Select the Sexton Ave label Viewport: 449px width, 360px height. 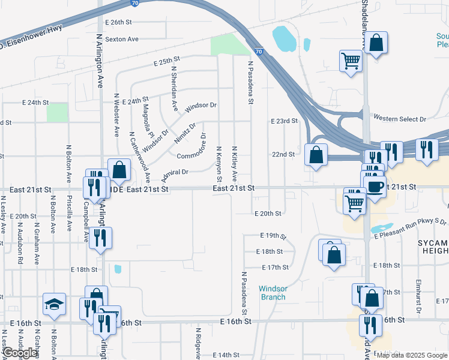coord(122,39)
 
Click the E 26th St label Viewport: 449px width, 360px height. coord(118,22)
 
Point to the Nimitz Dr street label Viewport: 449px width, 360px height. coord(185,134)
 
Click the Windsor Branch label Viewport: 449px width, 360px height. coord(273,293)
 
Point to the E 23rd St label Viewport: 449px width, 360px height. coord(285,121)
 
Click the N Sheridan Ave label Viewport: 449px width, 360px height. coord(175,89)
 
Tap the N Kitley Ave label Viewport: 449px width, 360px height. coord(235,163)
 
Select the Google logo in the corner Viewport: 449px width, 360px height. coord(20,353)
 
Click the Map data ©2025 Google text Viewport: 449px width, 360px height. coord(412,355)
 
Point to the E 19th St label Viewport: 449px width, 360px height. coord(273,236)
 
